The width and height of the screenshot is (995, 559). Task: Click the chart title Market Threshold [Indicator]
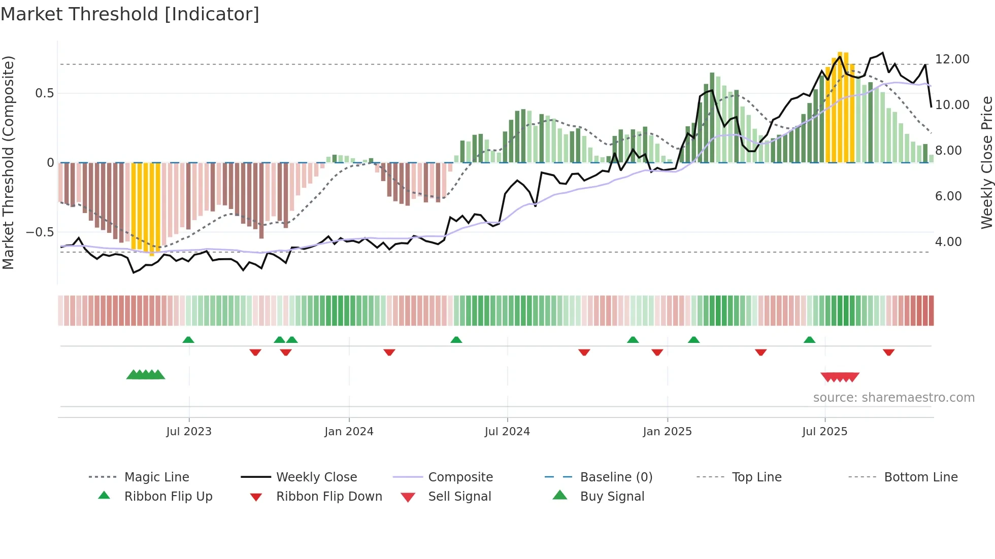[x=130, y=14]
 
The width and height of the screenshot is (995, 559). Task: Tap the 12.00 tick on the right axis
[x=952, y=59]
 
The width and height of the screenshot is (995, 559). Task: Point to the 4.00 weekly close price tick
[x=948, y=242]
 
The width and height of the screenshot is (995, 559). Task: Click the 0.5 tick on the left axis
[x=44, y=93]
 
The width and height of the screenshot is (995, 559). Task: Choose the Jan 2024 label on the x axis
[x=349, y=432]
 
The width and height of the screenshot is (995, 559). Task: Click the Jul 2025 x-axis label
[x=824, y=432]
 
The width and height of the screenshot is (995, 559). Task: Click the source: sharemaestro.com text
[x=893, y=398]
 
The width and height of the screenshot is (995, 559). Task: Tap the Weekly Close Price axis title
[x=986, y=162]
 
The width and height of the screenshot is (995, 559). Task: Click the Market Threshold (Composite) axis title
[x=8, y=162]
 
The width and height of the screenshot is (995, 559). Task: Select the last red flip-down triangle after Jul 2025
[x=888, y=352]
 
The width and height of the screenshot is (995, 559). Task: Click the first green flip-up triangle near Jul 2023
[x=188, y=340]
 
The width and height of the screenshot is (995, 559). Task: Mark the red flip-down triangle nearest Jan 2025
[x=657, y=352]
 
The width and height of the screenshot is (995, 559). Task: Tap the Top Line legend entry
[x=756, y=477]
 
